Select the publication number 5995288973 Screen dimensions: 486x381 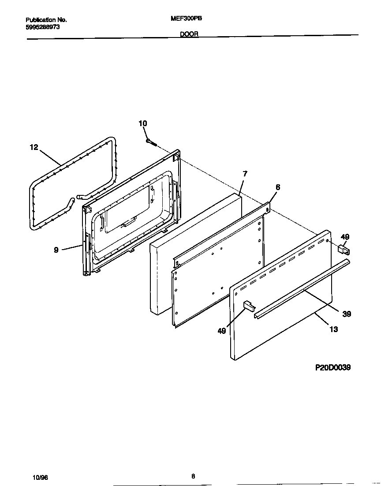tap(43, 27)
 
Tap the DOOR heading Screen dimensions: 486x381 tap(189, 34)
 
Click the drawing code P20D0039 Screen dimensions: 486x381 tap(333, 367)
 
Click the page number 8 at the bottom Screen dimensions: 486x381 tap(193, 475)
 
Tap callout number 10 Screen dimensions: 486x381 tap(142, 123)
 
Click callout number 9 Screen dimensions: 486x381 tap(56, 250)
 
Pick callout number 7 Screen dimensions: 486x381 tap(245, 174)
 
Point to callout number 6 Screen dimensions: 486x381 tap(277, 187)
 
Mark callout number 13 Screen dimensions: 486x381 tap(334, 329)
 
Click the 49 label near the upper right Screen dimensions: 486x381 tap(345, 237)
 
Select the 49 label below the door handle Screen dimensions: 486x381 tap(221, 330)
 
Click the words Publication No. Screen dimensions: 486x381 tap(46, 20)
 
